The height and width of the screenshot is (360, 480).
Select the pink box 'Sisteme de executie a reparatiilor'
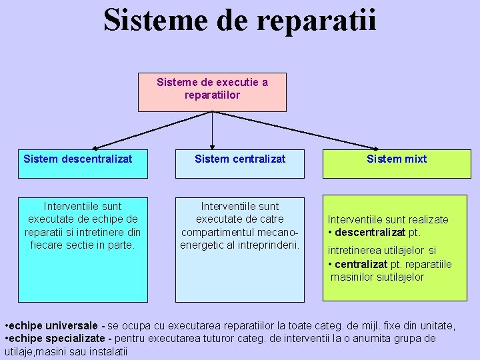pyautogui.click(x=212, y=92)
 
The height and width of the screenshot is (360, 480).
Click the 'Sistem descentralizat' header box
pyautogui.click(x=83, y=163)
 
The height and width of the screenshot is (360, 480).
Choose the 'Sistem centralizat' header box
pyautogui.click(x=240, y=163)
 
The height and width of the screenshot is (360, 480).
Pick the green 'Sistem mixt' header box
pyautogui.click(x=396, y=163)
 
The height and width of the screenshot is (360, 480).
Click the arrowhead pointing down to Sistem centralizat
pyautogui.click(x=212, y=145)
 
